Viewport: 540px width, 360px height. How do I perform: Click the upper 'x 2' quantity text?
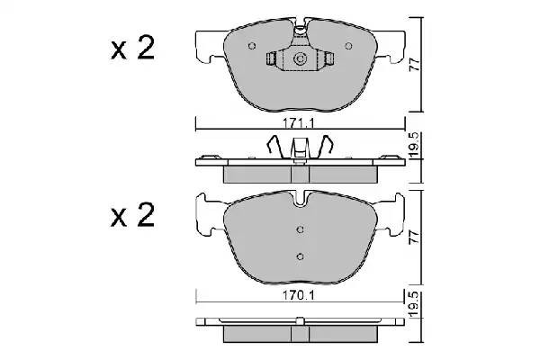click(x=132, y=50)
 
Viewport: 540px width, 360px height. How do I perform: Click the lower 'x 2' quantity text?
click(x=132, y=215)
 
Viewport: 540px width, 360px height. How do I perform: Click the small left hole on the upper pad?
click(x=253, y=48)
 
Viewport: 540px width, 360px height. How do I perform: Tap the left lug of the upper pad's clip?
click(x=274, y=60)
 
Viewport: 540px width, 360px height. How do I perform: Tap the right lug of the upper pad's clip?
click(x=329, y=60)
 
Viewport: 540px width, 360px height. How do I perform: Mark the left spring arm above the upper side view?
click(x=276, y=145)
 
